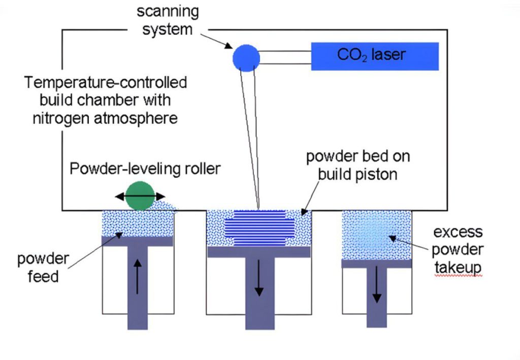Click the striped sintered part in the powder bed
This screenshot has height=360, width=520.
click(258, 227)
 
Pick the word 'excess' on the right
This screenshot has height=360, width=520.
click(458, 233)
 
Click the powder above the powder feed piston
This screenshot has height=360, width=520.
click(138, 223)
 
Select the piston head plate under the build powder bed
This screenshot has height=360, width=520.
click(258, 252)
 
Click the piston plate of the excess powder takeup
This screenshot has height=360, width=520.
click(376, 264)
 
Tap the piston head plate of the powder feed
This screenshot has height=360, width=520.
click(138, 242)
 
